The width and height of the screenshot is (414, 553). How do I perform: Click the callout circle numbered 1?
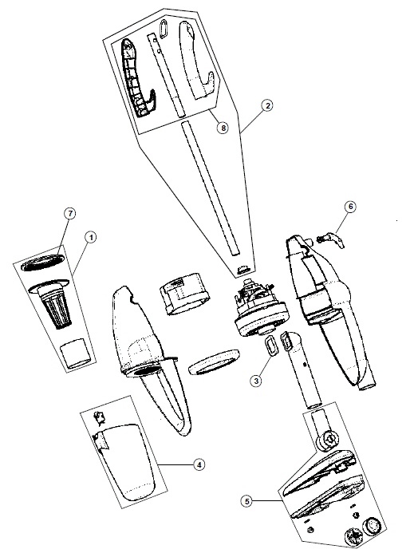91,237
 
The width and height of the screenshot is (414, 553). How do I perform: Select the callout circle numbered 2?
267,105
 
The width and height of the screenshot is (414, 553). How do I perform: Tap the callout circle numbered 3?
256,381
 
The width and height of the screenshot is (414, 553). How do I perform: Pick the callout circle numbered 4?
199,464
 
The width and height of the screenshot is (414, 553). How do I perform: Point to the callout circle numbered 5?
246,501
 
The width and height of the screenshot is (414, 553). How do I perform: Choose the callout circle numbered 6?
350,207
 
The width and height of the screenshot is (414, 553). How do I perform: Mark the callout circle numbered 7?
70,213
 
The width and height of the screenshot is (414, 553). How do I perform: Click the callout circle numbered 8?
223,128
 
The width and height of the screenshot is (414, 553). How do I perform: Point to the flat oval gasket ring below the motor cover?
215,361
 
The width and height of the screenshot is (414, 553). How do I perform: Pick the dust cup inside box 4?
126,463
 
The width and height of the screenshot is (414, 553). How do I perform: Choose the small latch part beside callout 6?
331,241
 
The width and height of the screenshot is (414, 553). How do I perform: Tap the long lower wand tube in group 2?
210,188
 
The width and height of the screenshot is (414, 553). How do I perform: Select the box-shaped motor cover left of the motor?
183,294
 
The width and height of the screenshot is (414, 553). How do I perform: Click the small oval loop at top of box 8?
164,29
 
